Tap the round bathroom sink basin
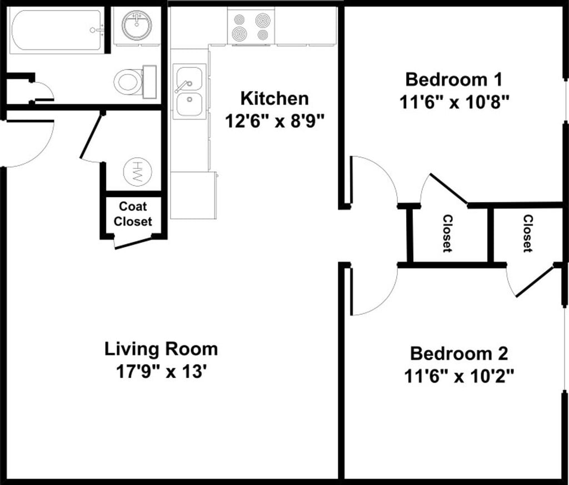pyautogui.click(x=137, y=24)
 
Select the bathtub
pyautogui.click(x=57, y=32)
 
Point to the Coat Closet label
pyautogui.click(x=132, y=214)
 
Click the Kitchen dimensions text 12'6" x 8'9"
pyautogui.click(x=274, y=121)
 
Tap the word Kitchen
pyautogui.click(x=274, y=99)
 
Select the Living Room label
pyautogui.click(x=161, y=349)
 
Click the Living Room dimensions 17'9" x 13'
pyautogui.click(x=161, y=372)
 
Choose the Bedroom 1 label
pyautogui.click(x=453, y=79)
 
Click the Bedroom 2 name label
pyautogui.click(x=458, y=354)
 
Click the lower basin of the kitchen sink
pyautogui.click(x=189, y=104)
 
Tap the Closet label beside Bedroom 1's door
pyautogui.click(x=448, y=233)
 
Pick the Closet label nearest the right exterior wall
pyautogui.click(x=528, y=233)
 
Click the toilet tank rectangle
pyautogui.click(x=149, y=82)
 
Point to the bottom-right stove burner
pyautogui.click(x=263, y=35)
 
